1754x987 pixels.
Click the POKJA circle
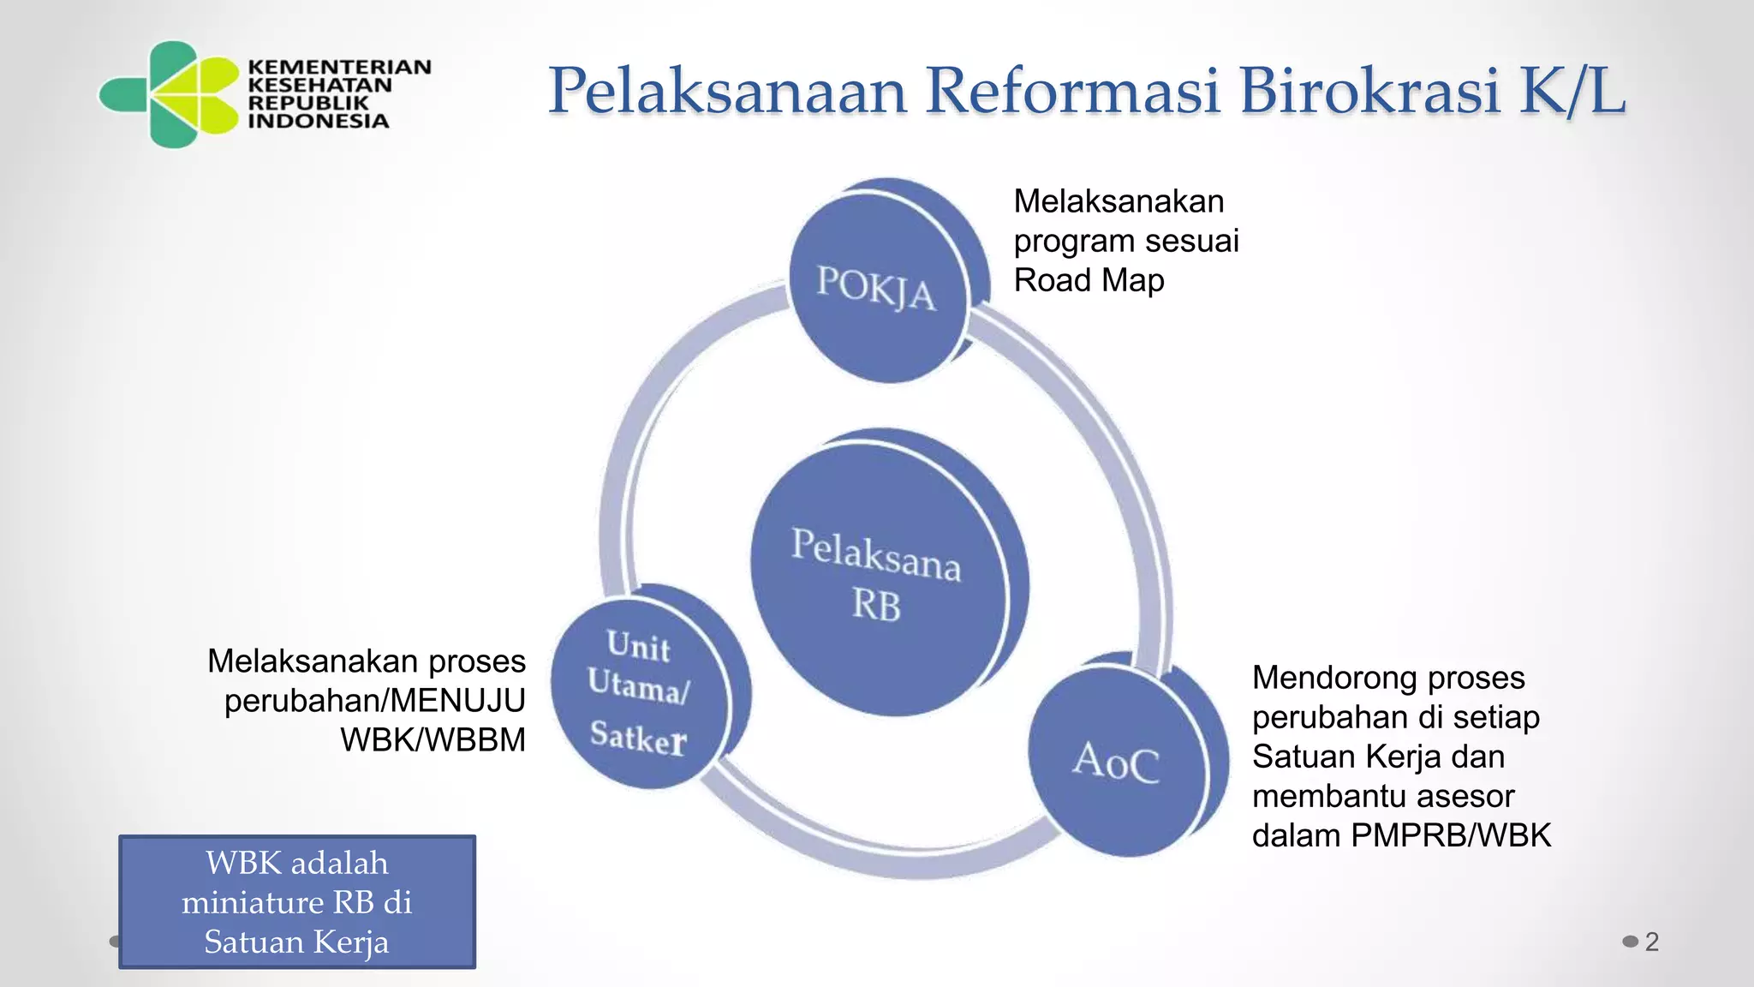point(877,287)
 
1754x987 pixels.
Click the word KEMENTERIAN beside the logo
point(339,67)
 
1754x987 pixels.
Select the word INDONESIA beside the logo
point(319,121)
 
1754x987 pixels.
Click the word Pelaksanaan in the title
point(727,91)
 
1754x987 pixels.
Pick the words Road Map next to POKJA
point(1089,280)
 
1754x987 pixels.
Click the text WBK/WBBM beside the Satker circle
point(433,739)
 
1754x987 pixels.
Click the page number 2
point(1652,942)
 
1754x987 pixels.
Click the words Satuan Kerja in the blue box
point(296,942)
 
